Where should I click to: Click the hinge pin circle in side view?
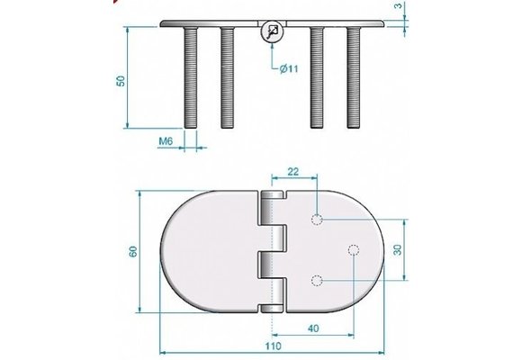271,33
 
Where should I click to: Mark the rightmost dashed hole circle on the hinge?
353,250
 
